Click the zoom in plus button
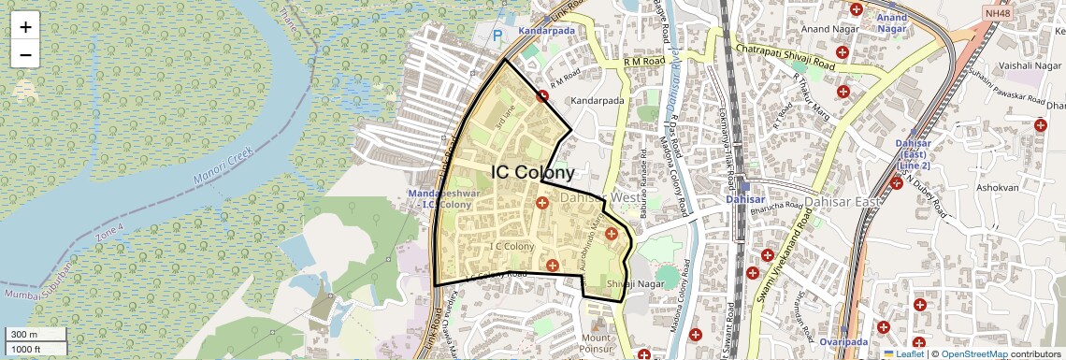click(x=25, y=27)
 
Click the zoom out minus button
click(x=25, y=54)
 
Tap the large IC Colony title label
click(x=532, y=173)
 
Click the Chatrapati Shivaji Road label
click(x=785, y=56)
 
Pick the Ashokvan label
click(x=998, y=188)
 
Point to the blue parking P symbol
click(x=497, y=36)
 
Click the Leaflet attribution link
click(x=905, y=353)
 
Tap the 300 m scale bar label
click(x=24, y=335)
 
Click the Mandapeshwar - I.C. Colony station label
click(x=437, y=198)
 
